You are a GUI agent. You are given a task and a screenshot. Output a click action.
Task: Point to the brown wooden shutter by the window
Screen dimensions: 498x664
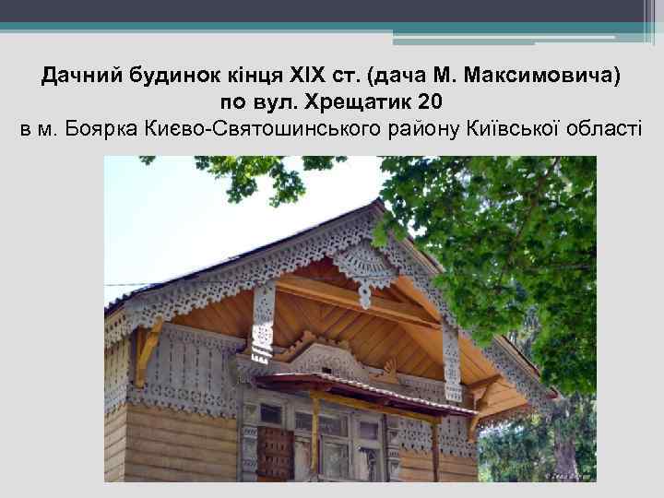point(274,451)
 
